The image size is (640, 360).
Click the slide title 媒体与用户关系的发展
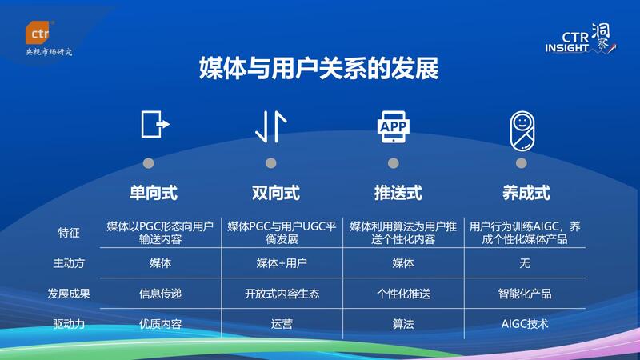coord(318,68)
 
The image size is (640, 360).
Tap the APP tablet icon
coord(393,126)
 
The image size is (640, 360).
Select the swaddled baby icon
coord(522,131)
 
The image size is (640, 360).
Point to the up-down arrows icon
coord(270,126)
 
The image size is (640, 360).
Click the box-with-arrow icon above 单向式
coord(155,124)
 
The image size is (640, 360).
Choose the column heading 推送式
coord(398,193)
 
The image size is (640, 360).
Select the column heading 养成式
coord(526,193)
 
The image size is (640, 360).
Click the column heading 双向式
coord(276,193)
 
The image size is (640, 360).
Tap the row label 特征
coord(69,233)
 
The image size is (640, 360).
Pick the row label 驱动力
coord(69,324)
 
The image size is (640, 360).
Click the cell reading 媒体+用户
coord(282,263)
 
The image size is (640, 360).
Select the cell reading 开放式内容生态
coord(282,294)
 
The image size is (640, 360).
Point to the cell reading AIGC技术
coord(525,324)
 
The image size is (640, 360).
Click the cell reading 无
coord(525,263)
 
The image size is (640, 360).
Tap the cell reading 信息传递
coord(160,294)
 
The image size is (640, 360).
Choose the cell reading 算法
coord(403,324)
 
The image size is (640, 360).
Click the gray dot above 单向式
coord(149,163)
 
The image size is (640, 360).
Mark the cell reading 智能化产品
coord(525,294)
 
